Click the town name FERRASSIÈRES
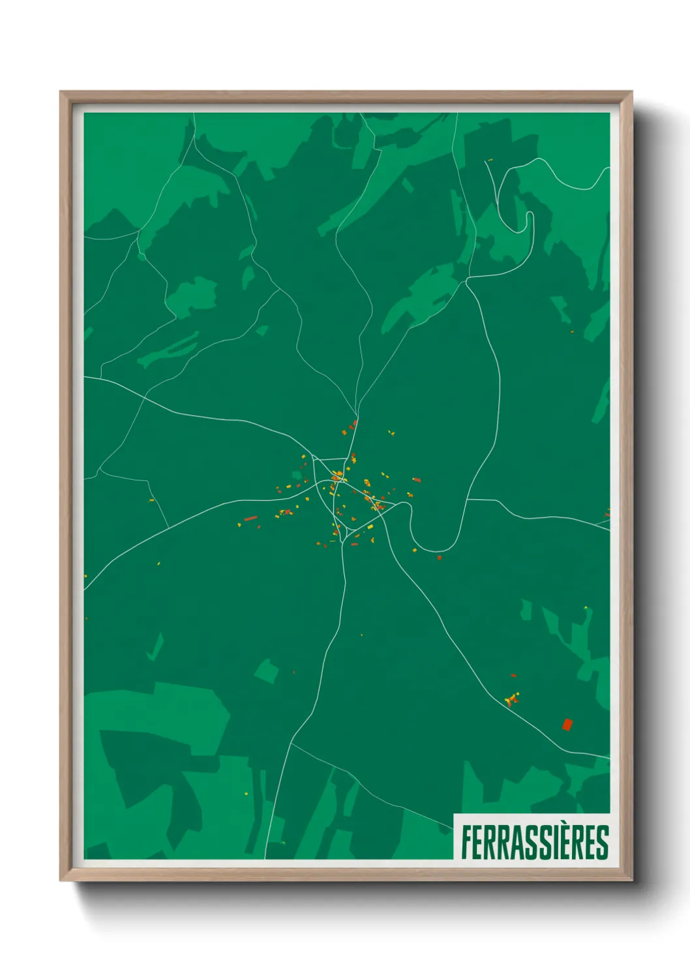tap(535, 843)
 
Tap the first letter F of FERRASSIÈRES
tap(468, 843)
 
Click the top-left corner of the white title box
tap(454, 814)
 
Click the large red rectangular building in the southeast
tap(567, 724)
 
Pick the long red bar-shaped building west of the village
tap(250, 519)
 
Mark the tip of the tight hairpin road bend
tap(529, 215)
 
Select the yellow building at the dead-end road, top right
tap(490, 160)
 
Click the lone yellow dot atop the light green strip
tap(586, 608)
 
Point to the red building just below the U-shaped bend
tap(439, 557)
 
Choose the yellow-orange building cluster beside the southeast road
tap(513, 699)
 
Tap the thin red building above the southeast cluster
tap(513, 676)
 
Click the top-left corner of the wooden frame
tap(61, 92)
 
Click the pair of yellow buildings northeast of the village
tap(391, 432)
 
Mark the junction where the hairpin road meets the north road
tap(467, 280)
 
